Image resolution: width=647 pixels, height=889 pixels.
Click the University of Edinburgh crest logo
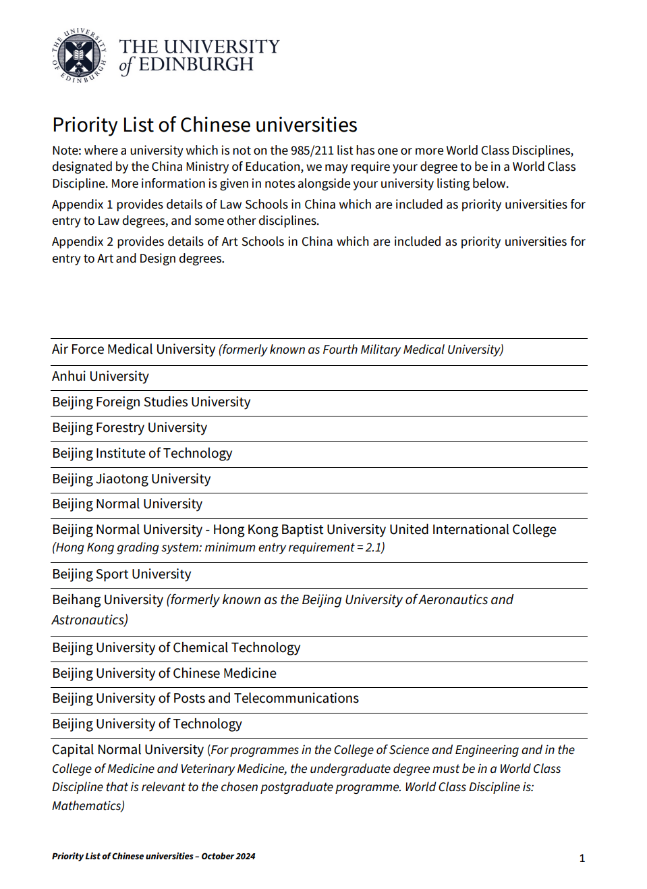[x=80, y=56]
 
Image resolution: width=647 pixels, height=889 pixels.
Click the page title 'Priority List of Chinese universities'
[x=204, y=125]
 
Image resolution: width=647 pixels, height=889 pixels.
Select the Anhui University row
[x=101, y=377]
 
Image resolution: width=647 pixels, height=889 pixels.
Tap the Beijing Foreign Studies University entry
[x=151, y=402]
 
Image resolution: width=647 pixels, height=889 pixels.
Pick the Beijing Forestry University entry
[x=130, y=428]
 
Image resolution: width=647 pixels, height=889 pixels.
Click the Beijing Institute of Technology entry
[x=142, y=454]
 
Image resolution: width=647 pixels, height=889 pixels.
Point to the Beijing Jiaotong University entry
[x=132, y=479]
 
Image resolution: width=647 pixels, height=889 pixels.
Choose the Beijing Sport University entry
[x=121, y=574]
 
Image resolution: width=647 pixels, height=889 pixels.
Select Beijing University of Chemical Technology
[x=176, y=648]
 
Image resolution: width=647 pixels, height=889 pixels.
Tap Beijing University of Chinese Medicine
[x=164, y=674]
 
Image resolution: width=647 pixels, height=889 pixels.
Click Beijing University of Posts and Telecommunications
[x=205, y=699]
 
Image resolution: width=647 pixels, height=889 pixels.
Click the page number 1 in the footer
[x=582, y=859]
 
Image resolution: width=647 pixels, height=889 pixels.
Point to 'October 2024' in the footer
[x=228, y=857]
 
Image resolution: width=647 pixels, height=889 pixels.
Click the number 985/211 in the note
[x=312, y=151]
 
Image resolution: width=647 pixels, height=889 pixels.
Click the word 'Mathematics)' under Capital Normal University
[x=88, y=806]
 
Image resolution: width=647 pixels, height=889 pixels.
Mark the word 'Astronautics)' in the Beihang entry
[x=90, y=620]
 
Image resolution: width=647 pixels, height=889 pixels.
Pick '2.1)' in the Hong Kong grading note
[x=375, y=547]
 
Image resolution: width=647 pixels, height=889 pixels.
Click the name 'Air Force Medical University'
[x=134, y=350]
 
